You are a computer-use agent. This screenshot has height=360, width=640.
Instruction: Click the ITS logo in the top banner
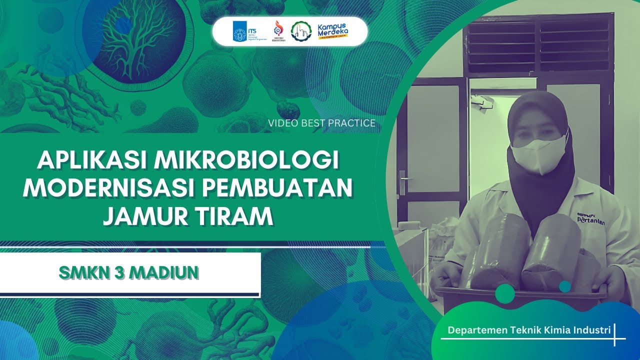(x=244, y=31)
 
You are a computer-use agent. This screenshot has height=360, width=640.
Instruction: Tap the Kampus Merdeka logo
(x=332, y=31)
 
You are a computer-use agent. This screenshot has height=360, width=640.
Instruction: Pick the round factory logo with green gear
(x=300, y=31)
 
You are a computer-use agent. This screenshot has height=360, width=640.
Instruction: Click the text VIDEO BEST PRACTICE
(x=321, y=123)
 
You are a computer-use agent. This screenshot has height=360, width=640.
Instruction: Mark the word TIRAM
(x=239, y=216)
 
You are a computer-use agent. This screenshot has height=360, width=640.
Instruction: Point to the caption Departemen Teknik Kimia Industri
(x=529, y=330)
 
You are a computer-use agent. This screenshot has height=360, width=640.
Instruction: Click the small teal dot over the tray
(x=565, y=286)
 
